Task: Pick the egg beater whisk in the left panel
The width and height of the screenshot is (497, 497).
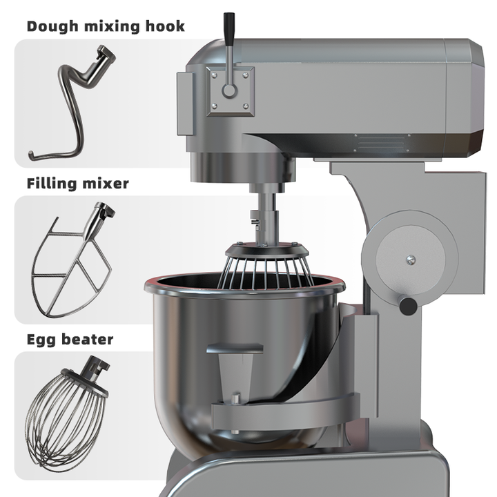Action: [x=66, y=407]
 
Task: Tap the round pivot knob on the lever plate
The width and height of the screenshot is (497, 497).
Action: [x=229, y=90]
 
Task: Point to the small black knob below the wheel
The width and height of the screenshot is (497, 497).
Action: [x=408, y=304]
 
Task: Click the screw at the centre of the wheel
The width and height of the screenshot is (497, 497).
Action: [x=411, y=260]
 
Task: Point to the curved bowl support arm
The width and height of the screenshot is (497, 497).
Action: [x=290, y=411]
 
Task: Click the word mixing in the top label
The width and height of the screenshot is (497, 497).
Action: [x=107, y=27]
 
